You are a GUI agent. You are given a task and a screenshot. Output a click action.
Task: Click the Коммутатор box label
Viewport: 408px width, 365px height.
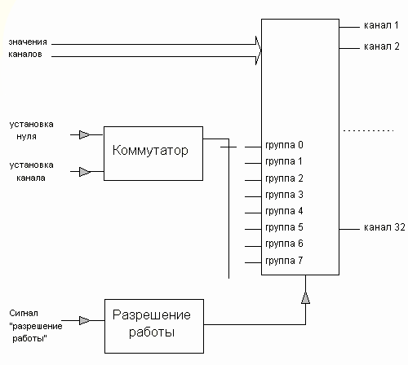click(x=150, y=150)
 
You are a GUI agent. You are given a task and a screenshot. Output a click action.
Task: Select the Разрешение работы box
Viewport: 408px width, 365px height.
click(x=154, y=326)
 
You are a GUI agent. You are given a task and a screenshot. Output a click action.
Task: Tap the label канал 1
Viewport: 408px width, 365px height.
click(x=381, y=25)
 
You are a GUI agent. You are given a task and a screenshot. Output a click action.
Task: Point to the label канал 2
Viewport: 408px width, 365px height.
click(x=382, y=46)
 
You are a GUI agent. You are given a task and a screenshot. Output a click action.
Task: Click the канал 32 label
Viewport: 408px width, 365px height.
click(x=384, y=227)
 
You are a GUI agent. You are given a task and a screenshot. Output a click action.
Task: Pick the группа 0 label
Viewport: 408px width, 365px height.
click(x=284, y=145)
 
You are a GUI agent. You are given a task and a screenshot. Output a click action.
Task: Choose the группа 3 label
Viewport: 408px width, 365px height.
click(x=284, y=195)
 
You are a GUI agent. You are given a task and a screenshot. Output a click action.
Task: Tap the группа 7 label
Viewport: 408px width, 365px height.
click(x=284, y=261)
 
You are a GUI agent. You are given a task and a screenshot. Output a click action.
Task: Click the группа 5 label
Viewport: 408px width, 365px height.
click(x=284, y=227)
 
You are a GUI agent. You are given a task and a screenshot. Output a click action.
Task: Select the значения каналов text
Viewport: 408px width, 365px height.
click(x=28, y=48)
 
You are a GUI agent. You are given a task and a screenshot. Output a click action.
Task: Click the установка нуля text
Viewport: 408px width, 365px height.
click(x=31, y=130)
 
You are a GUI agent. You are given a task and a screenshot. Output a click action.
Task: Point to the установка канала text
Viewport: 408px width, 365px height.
click(x=31, y=171)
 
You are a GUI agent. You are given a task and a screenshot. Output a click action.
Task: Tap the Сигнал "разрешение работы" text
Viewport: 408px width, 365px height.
click(x=36, y=326)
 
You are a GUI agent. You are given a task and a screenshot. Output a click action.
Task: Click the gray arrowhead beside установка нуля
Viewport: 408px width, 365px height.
click(x=84, y=134)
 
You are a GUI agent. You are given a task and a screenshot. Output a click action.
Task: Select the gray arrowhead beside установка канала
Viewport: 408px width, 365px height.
click(x=85, y=172)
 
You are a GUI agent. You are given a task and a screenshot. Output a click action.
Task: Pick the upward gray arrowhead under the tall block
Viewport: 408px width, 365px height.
click(x=305, y=298)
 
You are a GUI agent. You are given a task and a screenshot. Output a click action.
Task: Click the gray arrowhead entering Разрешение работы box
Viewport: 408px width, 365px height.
click(x=84, y=320)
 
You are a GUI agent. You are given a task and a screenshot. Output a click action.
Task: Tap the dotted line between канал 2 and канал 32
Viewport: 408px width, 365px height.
click(x=368, y=131)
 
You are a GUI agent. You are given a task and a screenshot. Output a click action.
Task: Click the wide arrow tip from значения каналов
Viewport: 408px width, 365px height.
click(x=260, y=51)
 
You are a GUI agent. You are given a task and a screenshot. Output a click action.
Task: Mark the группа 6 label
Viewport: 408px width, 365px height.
click(x=284, y=244)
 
